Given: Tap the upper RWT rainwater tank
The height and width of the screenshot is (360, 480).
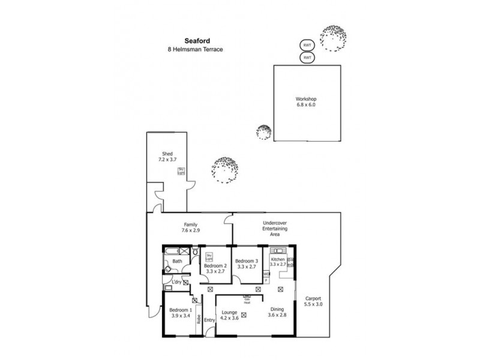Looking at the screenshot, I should pyautogui.click(x=307, y=46).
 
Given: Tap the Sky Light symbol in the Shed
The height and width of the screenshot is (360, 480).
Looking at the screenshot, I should pyautogui.click(x=181, y=172).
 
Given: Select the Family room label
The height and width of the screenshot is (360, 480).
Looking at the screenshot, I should pyautogui.click(x=190, y=225).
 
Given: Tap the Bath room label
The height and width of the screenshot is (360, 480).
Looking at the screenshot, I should pyautogui.click(x=177, y=262).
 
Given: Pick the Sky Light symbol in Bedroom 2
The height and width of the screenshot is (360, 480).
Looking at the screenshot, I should pyautogui.click(x=209, y=257).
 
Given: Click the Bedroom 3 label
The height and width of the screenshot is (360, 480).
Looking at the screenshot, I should pyautogui.click(x=246, y=261).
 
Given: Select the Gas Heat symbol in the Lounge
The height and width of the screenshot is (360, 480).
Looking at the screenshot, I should pyautogui.click(x=246, y=298).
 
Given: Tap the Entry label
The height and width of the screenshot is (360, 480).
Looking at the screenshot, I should pyautogui.click(x=209, y=320).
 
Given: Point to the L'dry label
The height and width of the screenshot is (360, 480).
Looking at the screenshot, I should pyautogui.click(x=176, y=282).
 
